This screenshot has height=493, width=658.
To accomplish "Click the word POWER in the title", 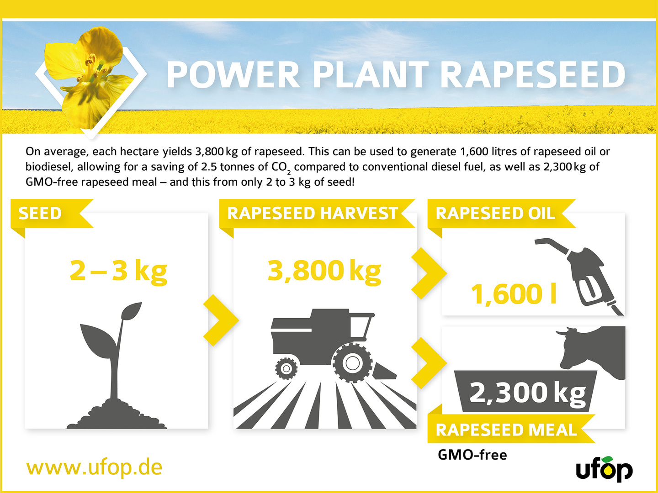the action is pos(233,74).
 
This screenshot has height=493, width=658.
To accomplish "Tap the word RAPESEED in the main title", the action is pos(533,74).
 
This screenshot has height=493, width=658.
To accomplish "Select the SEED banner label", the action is pos(40,213).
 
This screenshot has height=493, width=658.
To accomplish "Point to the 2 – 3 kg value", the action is pos(118,271).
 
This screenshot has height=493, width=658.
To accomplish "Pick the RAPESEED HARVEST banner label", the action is pos(313,213).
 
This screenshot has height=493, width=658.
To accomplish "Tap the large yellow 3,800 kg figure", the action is pos(324,271).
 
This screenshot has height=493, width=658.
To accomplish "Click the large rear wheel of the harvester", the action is pos(352,363).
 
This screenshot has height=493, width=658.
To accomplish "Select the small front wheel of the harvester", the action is pos(287,368).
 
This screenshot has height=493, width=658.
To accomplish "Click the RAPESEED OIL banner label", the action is pos(495,213).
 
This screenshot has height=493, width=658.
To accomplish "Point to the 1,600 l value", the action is pos(514,294).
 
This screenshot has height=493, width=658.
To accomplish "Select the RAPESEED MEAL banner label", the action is pos(506,430).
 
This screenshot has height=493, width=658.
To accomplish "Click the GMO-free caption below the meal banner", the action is pos(472,455).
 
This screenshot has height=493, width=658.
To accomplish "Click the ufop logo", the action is pos(605,469).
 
